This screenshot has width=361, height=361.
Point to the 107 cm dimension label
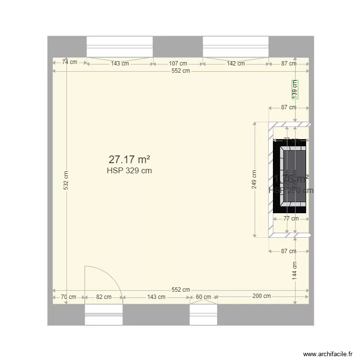coord(178,64)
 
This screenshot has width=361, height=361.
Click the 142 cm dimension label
coord(235,64)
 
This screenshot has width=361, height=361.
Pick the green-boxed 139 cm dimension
coord(295,89)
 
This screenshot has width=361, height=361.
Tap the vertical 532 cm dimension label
coord(66,180)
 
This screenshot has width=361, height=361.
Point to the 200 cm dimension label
coord(261,297)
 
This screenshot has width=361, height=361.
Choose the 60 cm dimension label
coord(203,297)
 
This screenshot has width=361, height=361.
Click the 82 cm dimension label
coord(103,297)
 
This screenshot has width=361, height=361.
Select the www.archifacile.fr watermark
coord(328,354)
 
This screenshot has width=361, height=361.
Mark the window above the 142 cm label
coord(235,47)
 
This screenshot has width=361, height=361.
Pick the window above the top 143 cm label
coord(119,47)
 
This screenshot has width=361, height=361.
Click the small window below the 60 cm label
coord(204,315)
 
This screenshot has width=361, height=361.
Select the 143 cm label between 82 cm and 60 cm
coord(156,297)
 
